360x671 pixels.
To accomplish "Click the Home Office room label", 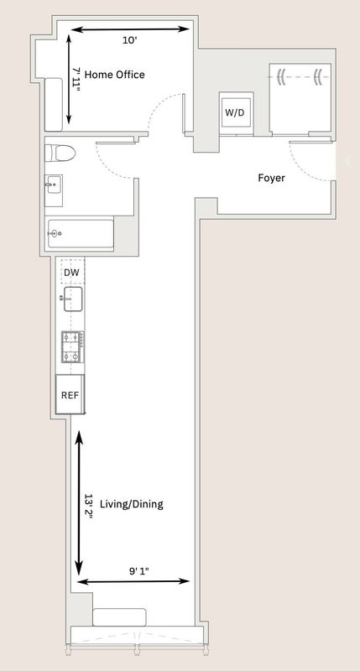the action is [x=114, y=75].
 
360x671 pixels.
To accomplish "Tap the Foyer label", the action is [x=271, y=178].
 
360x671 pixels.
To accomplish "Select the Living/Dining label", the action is [x=132, y=504].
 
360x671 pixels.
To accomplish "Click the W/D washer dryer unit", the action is [x=236, y=113].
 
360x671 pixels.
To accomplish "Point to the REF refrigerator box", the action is [x=70, y=394].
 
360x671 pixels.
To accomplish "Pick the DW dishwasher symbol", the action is [x=72, y=272].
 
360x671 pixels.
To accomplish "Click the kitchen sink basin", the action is [x=73, y=299].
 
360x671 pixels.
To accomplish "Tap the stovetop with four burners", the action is [x=72, y=347].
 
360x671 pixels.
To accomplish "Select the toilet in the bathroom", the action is [x=60, y=153].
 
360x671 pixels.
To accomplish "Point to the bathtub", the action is [x=81, y=234].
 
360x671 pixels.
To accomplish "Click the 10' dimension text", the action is [x=130, y=40].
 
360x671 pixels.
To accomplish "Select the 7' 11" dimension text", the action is [x=76, y=80].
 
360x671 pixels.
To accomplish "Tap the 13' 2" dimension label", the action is [x=88, y=507].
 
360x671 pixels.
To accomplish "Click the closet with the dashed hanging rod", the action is [x=300, y=99].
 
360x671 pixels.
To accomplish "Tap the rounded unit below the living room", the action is [x=119, y=617].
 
